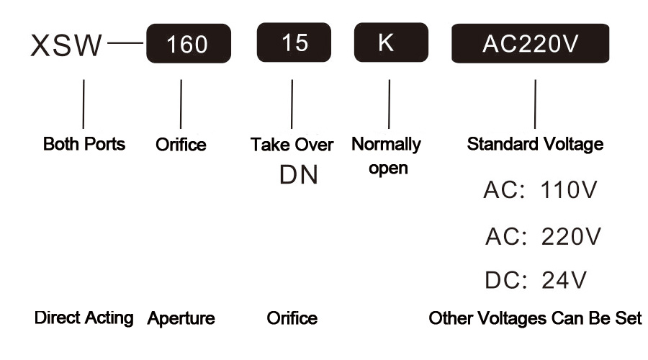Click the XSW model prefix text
[x=66, y=45]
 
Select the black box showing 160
[x=189, y=43]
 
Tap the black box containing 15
[x=294, y=42]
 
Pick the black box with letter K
[x=391, y=42]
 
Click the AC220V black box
[x=530, y=43]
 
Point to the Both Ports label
[x=84, y=144]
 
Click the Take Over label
[x=292, y=145]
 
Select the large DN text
[x=299, y=175]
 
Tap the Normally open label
[x=387, y=156]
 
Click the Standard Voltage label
[x=535, y=144]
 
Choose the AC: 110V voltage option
[x=540, y=189]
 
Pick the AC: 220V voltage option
[x=543, y=236]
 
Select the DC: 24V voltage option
[x=536, y=280]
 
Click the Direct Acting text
[x=84, y=318]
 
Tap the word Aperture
[x=181, y=319]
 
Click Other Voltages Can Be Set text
[x=535, y=318]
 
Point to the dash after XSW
[x=125, y=42]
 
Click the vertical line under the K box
[x=390, y=104]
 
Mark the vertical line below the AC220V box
[x=535, y=104]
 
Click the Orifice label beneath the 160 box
[x=181, y=145]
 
